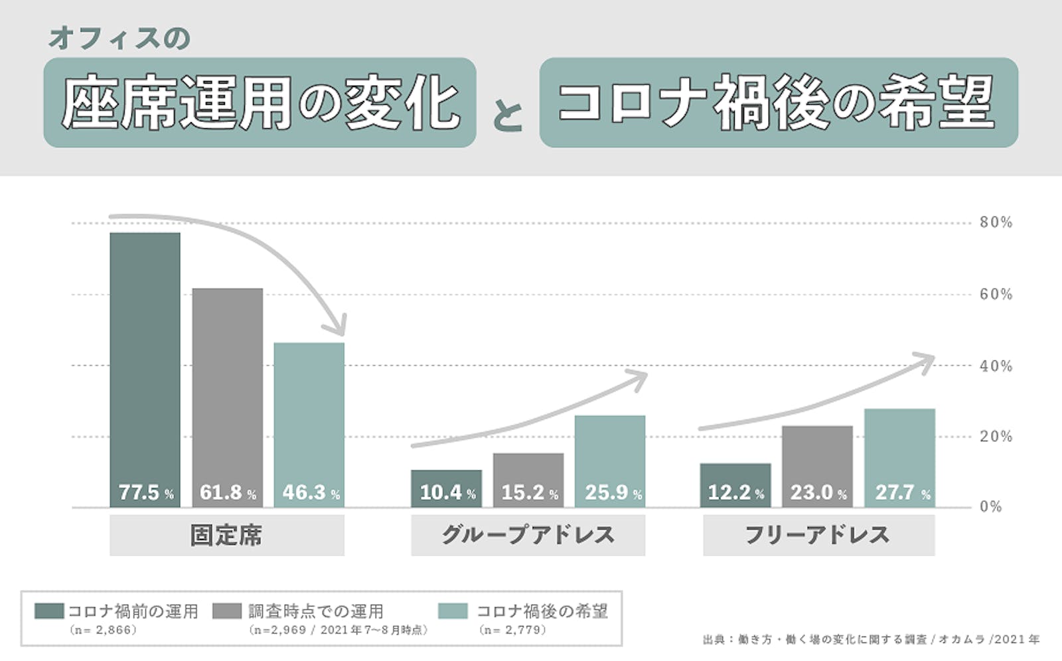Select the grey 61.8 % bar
pos(227,398)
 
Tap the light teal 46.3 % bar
pos(309,425)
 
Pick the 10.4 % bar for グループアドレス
pos(446,488)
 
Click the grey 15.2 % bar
pos(528,480)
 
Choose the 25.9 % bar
pos(610,461)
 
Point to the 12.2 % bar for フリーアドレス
pos(735,485)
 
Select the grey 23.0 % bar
pos(817,467)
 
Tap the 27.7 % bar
pos(899,458)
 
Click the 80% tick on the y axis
pos(996,222)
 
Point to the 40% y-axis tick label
pos(996,366)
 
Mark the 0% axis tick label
pos(990,507)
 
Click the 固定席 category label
pos(226,535)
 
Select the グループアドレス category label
pos(528,535)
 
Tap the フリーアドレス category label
pos(818,535)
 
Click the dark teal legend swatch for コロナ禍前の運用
pos(49,611)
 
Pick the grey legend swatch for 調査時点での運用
pos(227,611)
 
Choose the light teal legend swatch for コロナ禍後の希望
pos(453,611)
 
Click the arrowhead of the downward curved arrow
pos(339,327)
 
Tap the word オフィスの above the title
pos(119,38)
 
